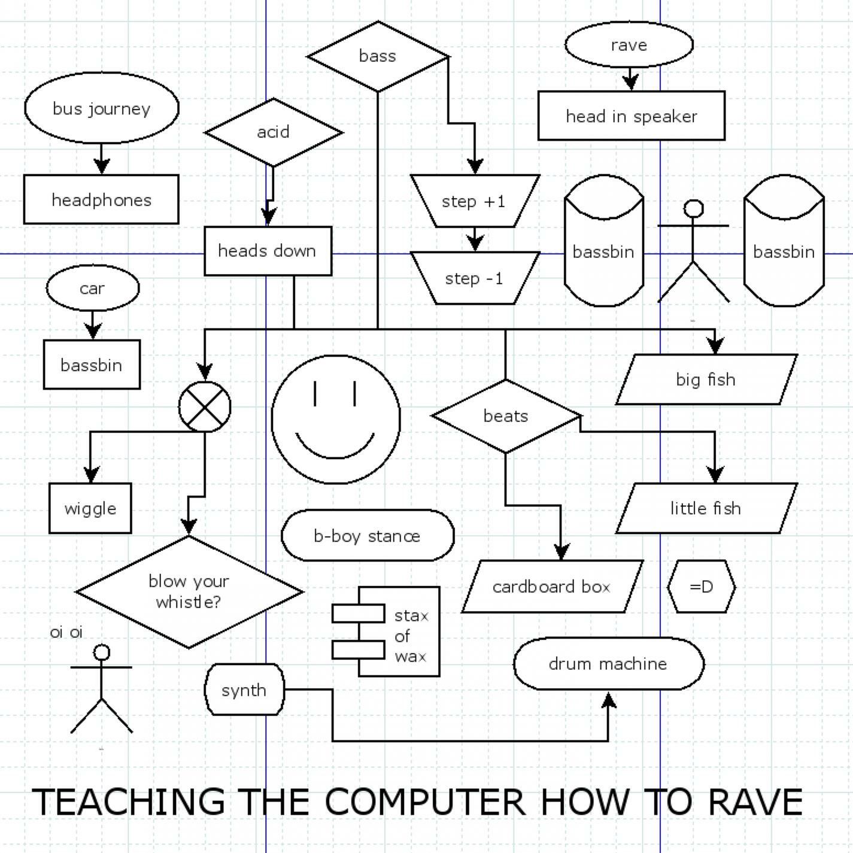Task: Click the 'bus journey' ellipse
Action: tap(102, 108)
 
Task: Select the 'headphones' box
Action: tap(101, 199)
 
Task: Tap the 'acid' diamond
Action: tap(273, 132)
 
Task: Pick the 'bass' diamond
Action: tap(377, 56)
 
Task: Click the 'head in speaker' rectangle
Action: tap(631, 116)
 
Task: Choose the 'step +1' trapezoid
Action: tap(474, 201)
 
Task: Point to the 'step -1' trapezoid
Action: tap(474, 278)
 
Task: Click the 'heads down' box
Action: tap(268, 251)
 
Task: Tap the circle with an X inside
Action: tap(205, 406)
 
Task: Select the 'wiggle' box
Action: tap(90, 508)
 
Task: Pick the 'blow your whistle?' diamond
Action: tap(189, 591)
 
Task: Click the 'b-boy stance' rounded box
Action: tap(367, 535)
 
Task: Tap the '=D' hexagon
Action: tap(701, 587)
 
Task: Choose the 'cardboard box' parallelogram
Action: tap(551, 587)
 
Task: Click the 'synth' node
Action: tap(244, 690)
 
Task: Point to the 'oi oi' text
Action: tap(66, 632)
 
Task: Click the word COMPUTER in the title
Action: tap(425, 802)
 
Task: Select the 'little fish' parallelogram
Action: tap(706, 508)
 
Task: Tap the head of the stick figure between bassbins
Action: tap(693, 208)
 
